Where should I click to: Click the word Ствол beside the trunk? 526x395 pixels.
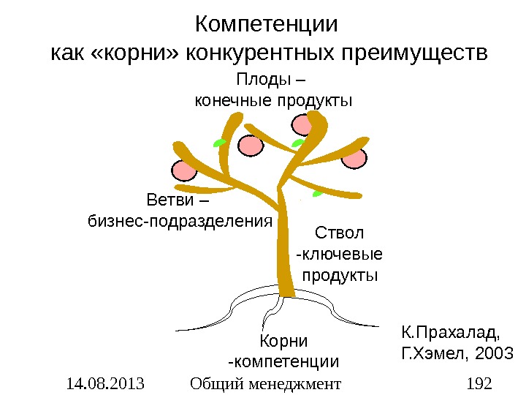point(339,234)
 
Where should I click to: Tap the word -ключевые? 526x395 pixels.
point(339,255)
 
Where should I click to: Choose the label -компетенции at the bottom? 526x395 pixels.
point(284,361)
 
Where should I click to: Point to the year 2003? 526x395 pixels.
point(495,355)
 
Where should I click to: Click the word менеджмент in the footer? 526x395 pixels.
point(300,383)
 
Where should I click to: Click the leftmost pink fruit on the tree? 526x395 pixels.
point(184,170)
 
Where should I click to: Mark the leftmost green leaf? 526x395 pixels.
point(218,142)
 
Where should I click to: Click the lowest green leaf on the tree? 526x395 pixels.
point(318,194)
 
